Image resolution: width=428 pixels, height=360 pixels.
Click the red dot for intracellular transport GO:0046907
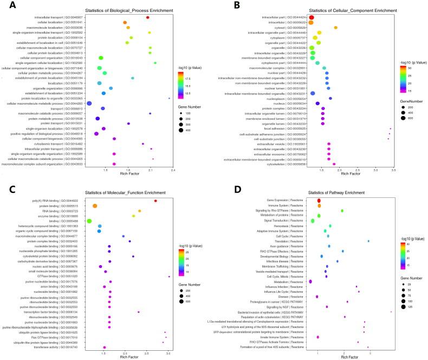147,17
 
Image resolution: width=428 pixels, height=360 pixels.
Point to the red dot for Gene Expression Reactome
319,201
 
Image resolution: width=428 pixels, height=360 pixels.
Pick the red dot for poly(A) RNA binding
155,201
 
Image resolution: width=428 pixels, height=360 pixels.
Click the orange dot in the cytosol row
335,28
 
